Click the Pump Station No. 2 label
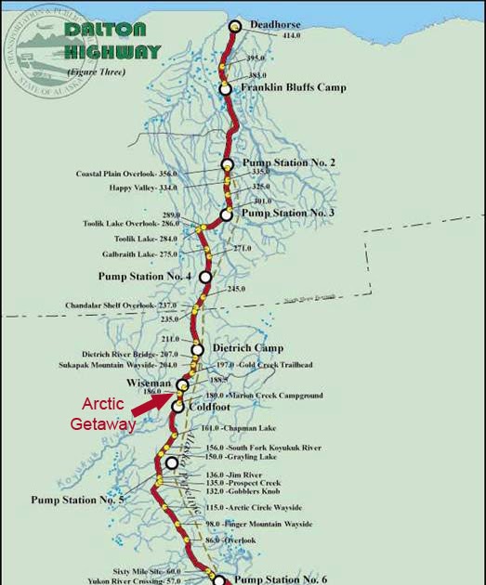click(289, 162)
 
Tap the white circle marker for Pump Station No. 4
click(205, 277)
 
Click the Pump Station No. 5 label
click(77, 500)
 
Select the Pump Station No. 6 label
click(280, 578)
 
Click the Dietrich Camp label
click(248, 348)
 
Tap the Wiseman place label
click(149, 383)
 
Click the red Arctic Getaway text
click(104, 414)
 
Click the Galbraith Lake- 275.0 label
click(140, 253)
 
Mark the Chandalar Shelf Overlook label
click(121, 305)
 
